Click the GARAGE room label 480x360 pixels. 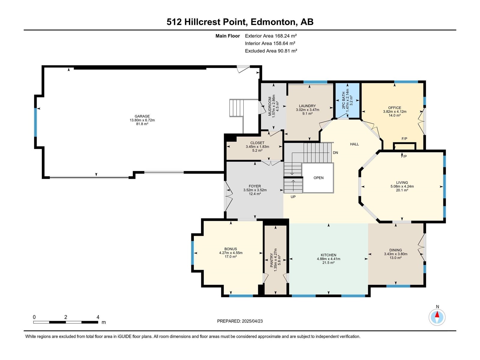pos(142,116)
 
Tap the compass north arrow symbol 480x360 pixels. pos(437,317)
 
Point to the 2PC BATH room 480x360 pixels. pos(347,100)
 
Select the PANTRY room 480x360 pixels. pos(275,260)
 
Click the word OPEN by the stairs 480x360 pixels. pos(318,178)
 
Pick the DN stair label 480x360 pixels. pos(335,153)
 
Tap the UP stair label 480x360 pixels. pos(293,197)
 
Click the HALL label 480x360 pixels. pos(354,144)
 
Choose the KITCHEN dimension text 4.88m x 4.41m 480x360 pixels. pos(328,259)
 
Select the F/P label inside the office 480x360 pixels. pos(404,139)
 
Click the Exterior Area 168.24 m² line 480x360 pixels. pos(271,36)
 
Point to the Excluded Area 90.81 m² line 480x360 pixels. pos(271,51)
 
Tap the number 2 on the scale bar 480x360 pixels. pos(66,317)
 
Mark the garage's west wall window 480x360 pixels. pos(36,122)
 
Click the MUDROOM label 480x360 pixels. pos(270,106)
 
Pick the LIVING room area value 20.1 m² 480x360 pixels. pos(402,190)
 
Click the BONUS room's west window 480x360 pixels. pos(192,253)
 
